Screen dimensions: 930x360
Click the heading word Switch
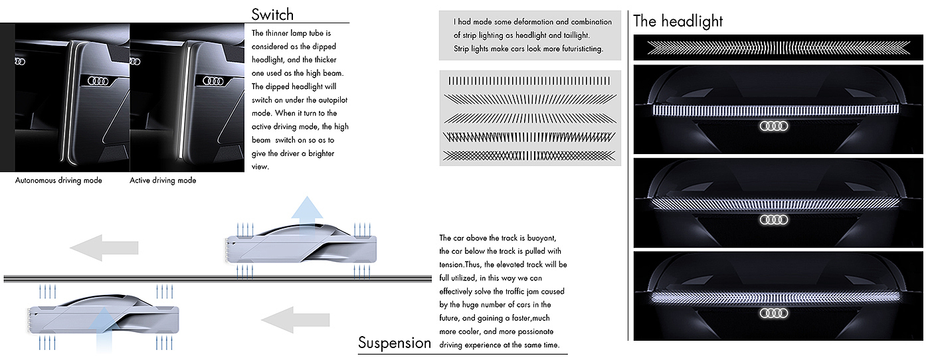point(272,15)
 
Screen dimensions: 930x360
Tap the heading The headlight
point(678,21)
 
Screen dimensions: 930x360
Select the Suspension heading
point(395,343)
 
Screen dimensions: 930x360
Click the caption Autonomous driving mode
point(58,181)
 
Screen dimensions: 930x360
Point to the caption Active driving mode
point(163,181)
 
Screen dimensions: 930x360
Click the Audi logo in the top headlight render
point(773,126)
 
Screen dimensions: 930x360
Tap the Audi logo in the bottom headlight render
point(773,313)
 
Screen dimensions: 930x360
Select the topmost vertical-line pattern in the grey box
point(528,81)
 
